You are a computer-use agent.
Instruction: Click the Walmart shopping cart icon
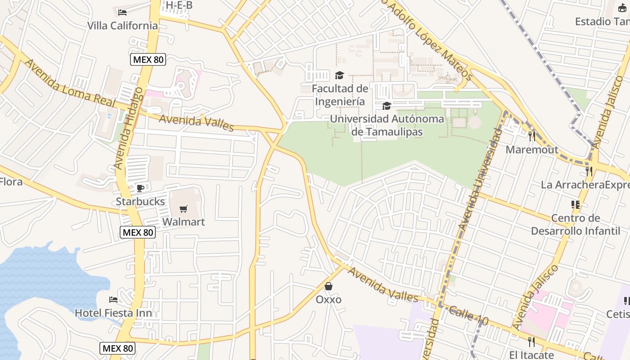[x=183, y=209]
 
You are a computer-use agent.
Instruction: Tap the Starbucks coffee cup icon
[x=140, y=188]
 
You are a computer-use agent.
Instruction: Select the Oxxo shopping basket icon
[x=328, y=286]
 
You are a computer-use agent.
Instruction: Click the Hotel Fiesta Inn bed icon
[x=113, y=299]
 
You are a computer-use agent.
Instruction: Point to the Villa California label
[x=122, y=26]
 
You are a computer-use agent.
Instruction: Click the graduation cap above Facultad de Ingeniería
[x=339, y=75]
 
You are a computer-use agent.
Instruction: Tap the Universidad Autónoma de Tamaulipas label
[x=387, y=125]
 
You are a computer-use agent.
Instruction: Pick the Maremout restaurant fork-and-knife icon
[x=532, y=136]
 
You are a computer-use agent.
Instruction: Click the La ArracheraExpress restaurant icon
[x=589, y=171]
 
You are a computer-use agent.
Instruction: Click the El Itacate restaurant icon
[x=531, y=342]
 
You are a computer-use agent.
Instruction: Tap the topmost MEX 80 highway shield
[x=148, y=59]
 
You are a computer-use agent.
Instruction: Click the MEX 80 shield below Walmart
[x=138, y=232]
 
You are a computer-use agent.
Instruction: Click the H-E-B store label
[x=179, y=5]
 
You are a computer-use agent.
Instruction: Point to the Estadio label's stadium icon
[x=623, y=8]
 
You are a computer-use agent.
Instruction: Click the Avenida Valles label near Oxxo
[x=383, y=284]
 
